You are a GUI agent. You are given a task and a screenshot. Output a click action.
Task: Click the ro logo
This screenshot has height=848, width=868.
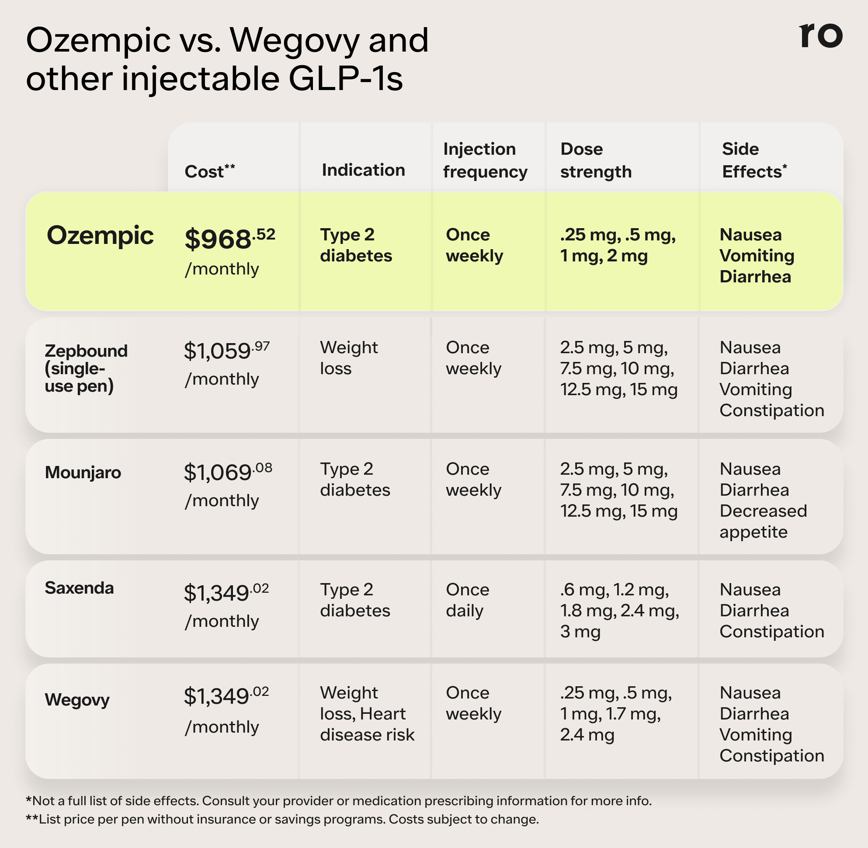(x=821, y=35)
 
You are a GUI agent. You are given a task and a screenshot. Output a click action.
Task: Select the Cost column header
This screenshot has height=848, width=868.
(x=210, y=171)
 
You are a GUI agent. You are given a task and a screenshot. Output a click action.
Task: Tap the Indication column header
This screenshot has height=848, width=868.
(x=363, y=170)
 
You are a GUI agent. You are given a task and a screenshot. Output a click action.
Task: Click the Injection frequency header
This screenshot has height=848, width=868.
(x=486, y=160)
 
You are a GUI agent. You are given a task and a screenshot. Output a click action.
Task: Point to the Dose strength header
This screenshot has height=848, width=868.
(x=596, y=160)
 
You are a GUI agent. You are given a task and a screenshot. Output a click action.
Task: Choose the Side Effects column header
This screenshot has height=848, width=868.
(x=754, y=160)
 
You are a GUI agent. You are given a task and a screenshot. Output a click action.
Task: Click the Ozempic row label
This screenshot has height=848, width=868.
(x=100, y=236)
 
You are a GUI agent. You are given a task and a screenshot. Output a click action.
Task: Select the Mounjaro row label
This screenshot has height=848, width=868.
(x=83, y=473)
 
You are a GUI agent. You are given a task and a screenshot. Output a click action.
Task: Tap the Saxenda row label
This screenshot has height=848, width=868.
(x=79, y=588)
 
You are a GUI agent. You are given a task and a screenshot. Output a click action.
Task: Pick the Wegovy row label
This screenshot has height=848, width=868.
(x=77, y=700)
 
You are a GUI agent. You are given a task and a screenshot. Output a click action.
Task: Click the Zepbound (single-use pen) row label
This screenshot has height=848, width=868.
(x=86, y=368)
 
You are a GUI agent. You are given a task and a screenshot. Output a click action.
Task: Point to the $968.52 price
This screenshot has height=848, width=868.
(x=230, y=238)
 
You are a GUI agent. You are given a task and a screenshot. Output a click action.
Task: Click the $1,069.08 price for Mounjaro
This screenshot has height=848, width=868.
(x=228, y=472)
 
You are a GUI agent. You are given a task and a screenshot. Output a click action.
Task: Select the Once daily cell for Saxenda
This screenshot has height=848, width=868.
(x=468, y=600)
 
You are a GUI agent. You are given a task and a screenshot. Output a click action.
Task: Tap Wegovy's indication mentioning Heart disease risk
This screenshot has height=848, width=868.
(x=367, y=713)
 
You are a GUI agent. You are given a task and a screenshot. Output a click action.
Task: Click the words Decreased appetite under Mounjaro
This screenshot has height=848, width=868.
(x=764, y=521)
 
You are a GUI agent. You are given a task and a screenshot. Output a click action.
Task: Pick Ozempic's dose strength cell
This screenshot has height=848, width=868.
(x=618, y=245)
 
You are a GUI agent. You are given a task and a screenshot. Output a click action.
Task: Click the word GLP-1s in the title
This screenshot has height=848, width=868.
(x=346, y=79)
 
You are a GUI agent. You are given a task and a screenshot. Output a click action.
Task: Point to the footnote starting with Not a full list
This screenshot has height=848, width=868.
(x=338, y=801)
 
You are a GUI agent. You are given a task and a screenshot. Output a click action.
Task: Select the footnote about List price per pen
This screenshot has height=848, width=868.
(x=282, y=820)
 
